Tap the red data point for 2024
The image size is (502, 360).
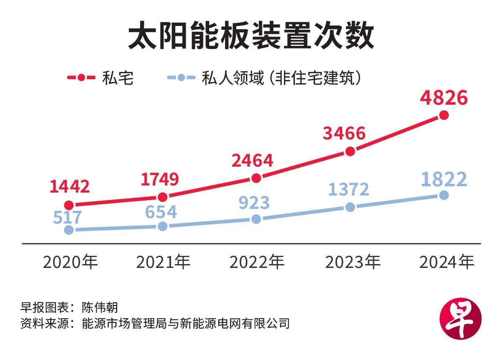[x=444, y=115]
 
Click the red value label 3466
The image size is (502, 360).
[x=344, y=134]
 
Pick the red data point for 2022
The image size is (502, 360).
[x=257, y=178]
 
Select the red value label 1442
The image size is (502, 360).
[x=69, y=187]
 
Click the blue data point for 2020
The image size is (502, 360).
[x=69, y=230]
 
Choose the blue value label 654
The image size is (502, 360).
[x=161, y=212]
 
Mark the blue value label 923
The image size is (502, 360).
[x=254, y=203]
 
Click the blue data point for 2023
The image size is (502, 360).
[x=351, y=207]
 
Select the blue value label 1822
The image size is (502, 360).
[x=444, y=180]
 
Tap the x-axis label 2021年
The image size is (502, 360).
[x=164, y=262]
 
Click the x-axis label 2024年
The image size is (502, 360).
[x=447, y=262]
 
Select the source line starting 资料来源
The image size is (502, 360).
[x=155, y=323]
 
